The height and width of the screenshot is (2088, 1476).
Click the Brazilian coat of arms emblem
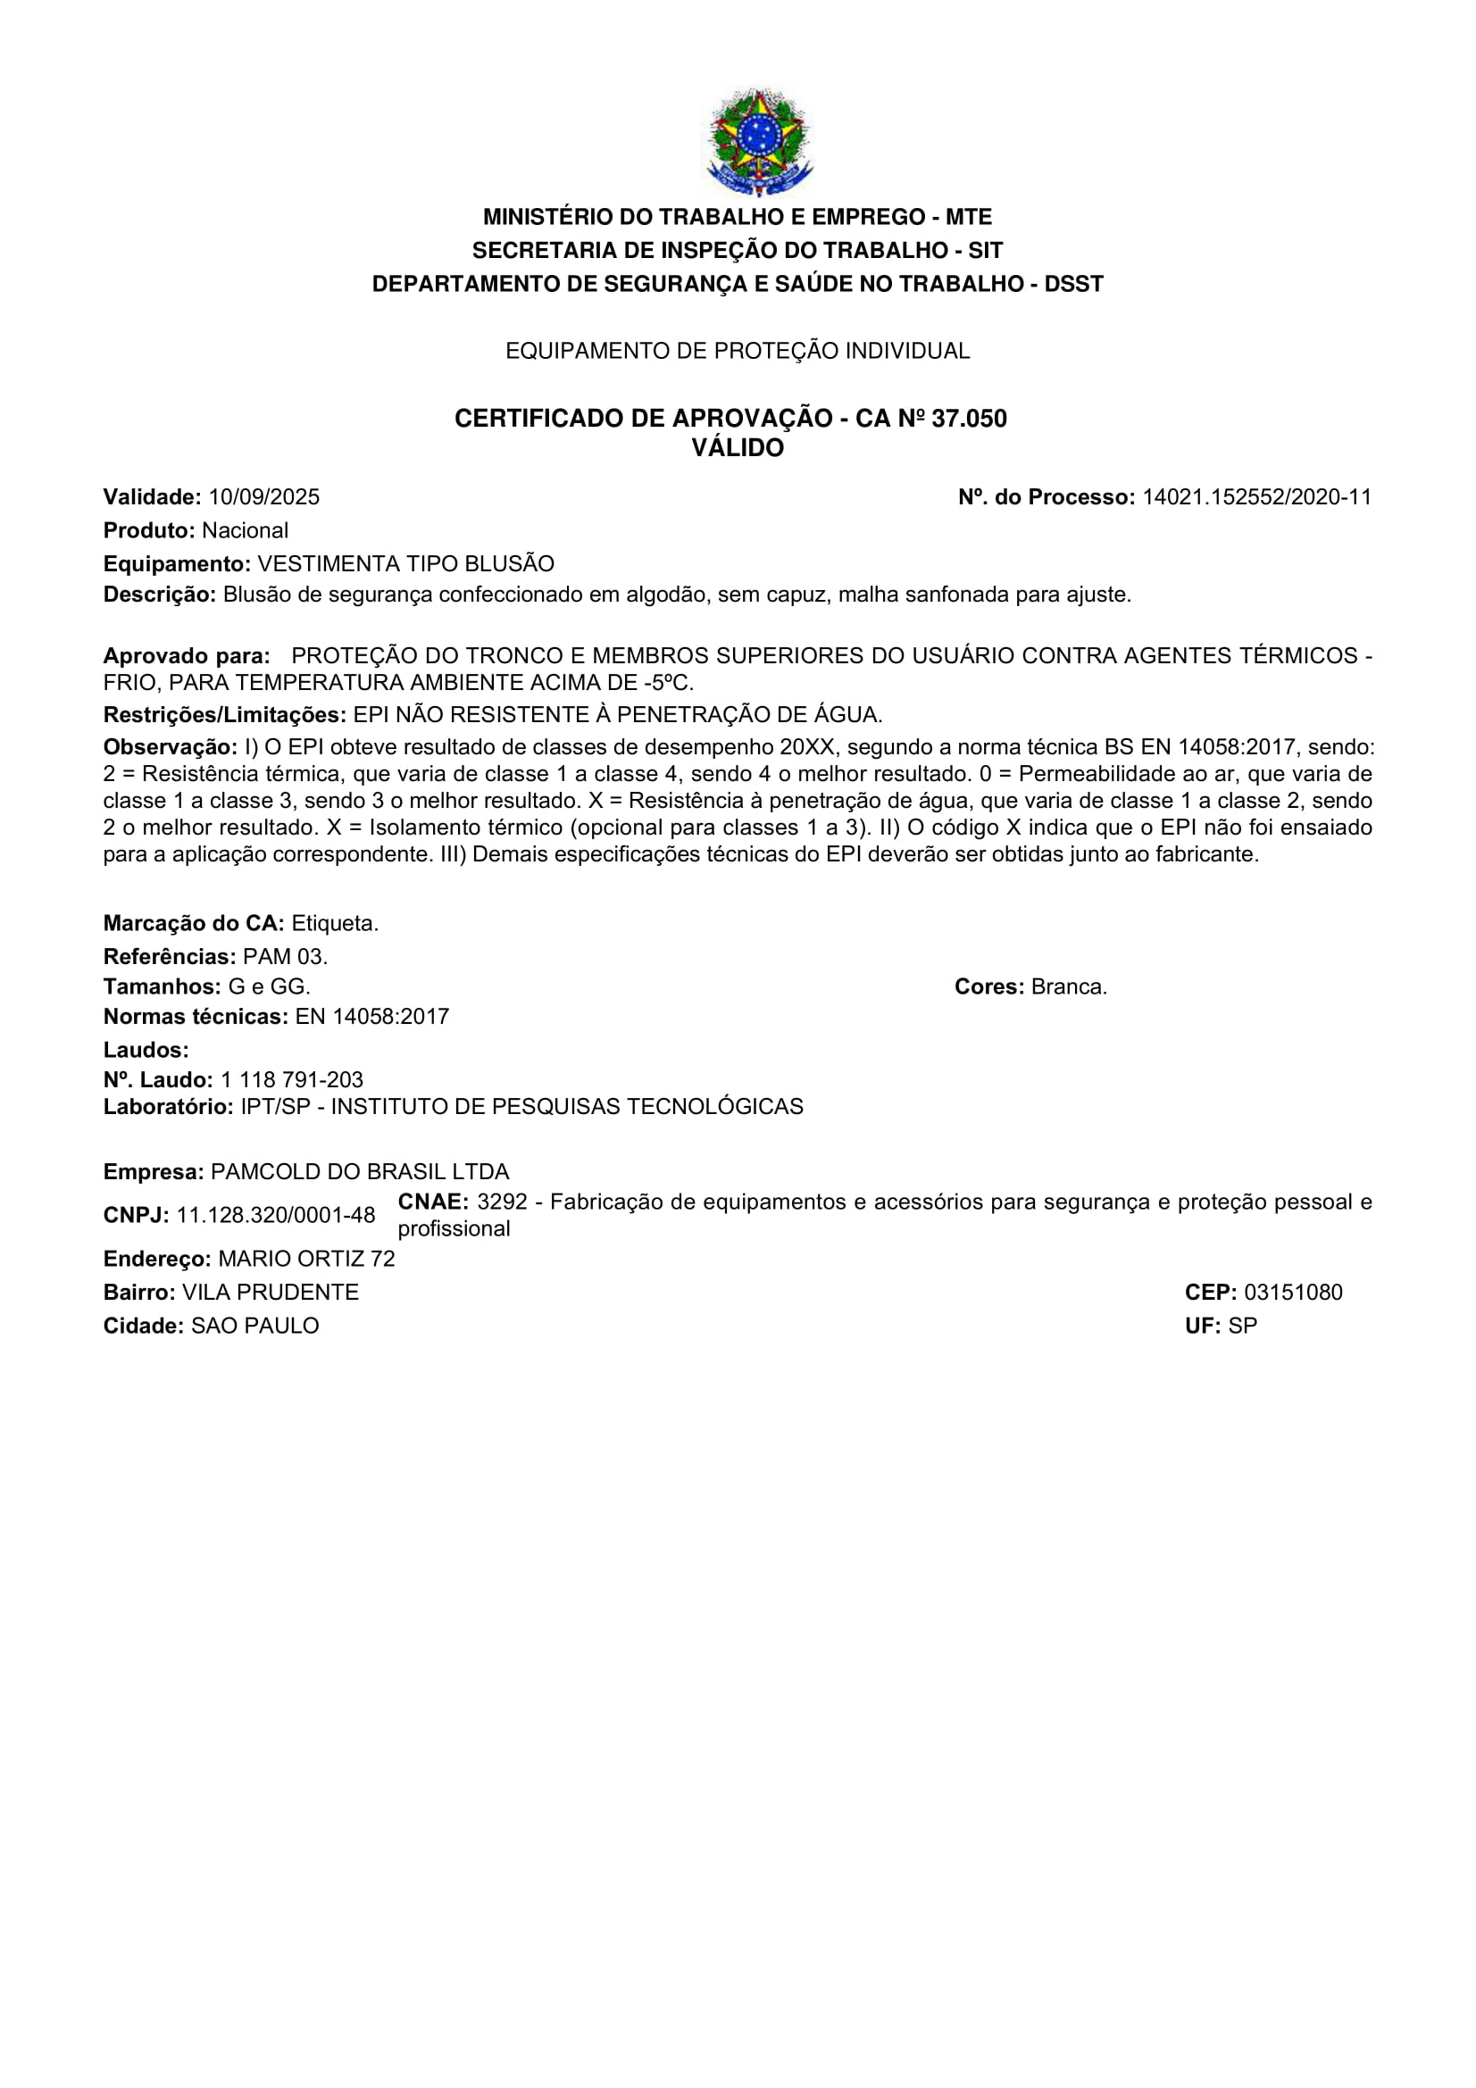point(758,142)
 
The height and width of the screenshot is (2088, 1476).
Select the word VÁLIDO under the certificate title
point(738,448)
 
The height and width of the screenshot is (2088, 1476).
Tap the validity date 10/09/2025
point(263,497)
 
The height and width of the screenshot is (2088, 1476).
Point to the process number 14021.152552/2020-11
point(1256,497)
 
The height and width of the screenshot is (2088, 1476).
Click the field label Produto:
point(149,531)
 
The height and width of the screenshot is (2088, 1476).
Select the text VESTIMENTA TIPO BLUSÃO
point(405,564)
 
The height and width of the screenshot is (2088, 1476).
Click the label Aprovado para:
point(187,656)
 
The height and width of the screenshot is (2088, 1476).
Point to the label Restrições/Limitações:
point(225,715)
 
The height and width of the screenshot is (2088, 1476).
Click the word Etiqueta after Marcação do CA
point(335,924)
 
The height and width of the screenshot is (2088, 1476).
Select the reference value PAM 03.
point(285,957)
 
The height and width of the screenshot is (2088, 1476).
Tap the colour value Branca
point(1069,987)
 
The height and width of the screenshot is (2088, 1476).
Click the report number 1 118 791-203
point(291,1080)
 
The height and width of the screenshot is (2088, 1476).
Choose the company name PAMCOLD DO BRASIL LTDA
point(359,1172)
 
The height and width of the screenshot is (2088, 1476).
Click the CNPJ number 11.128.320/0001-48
point(276,1216)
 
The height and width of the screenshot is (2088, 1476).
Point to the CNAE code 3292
point(502,1202)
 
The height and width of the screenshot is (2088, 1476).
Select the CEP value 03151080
point(1292,1294)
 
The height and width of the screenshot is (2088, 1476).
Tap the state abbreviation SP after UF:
point(1242,1327)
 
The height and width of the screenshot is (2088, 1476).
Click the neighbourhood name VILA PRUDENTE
point(270,1294)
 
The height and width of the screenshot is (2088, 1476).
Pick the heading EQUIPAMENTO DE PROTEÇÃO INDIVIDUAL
point(738,351)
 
